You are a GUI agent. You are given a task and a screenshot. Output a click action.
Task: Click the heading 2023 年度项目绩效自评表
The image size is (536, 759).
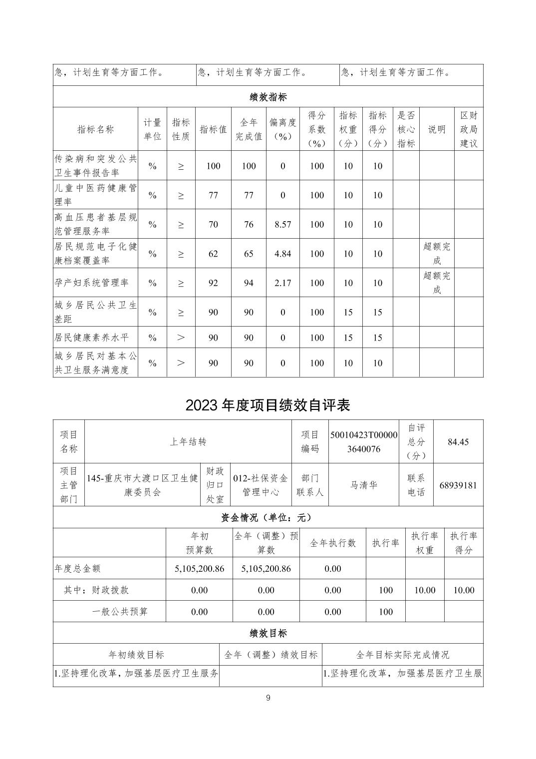(x=268, y=404)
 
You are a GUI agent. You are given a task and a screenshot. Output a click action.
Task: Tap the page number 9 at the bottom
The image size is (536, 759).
(x=268, y=698)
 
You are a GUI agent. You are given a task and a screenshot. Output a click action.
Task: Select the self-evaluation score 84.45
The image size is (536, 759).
(x=458, y=442)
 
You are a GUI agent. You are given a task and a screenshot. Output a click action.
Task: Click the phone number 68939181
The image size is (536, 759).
(x=458, y=485)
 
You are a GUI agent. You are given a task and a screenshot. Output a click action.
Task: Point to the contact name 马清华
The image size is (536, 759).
(x=364, y=485)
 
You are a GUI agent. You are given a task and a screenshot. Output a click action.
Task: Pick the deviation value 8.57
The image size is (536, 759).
(x=282, y=224)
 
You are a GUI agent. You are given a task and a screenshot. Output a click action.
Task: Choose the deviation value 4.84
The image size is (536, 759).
(x=282, y=254)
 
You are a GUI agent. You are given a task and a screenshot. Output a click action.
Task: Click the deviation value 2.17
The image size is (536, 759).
(x=282, y=283)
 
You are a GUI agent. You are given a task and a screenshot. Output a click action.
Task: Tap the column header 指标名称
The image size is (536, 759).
(x=95, y=129)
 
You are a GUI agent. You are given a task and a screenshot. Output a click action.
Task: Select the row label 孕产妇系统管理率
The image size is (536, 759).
(x=92, y=283)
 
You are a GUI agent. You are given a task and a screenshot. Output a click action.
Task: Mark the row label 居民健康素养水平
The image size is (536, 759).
(x=92, y=338)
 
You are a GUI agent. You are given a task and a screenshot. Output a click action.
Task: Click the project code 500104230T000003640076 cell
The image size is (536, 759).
(x=364, y=442)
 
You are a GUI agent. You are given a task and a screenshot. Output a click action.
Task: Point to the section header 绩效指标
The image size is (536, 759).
(x=268, y=97)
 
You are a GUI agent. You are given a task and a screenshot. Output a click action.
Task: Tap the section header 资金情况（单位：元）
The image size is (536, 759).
(x=268, y=517)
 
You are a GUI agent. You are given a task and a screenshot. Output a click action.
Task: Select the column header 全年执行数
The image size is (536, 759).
(x=333, y=543)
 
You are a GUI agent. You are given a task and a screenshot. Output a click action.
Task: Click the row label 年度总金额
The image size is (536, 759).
(x=78, y=568)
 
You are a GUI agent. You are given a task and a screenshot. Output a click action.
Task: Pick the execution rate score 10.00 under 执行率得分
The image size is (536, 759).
(x=463, y=590)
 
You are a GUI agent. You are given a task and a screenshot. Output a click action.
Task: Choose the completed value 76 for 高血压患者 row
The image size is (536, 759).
(x=249, y=224)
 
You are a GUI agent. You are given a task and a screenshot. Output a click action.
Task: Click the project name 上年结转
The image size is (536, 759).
(x=188, y=442)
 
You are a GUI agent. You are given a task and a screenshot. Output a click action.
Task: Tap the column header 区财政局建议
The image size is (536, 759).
(x=469, y=129)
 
